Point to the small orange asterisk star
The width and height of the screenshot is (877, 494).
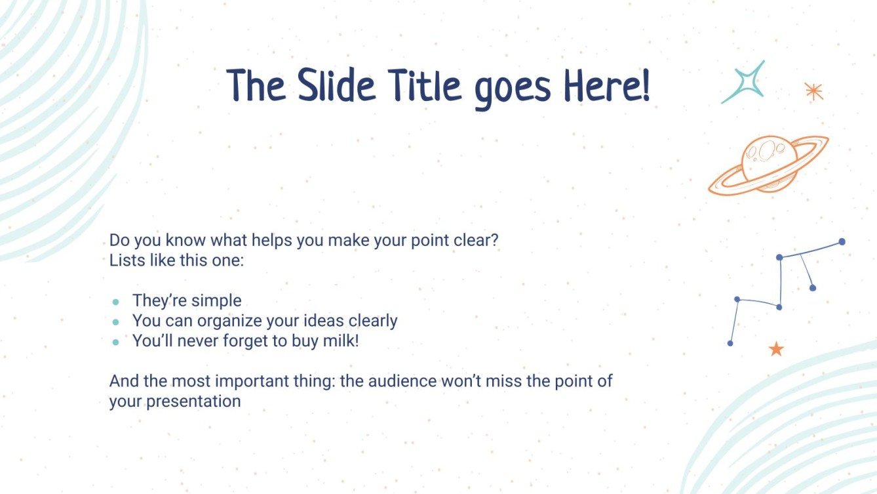[x=813, y=91]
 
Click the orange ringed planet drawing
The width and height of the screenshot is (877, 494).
[x=768, y=164]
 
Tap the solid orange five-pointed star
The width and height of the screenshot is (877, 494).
[x=776, y=349]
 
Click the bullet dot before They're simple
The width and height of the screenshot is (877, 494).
[x=116, y=302]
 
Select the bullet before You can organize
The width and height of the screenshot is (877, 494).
[x=116, y=322]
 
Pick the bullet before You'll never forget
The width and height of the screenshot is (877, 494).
[x=116, y=342]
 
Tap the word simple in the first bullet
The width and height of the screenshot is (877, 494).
[x=216, y=301]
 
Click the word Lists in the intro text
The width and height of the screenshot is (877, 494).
[x=125, y=260]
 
